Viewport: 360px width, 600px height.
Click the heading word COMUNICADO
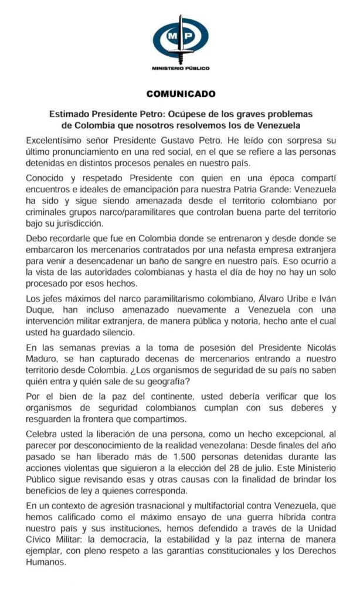180,93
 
